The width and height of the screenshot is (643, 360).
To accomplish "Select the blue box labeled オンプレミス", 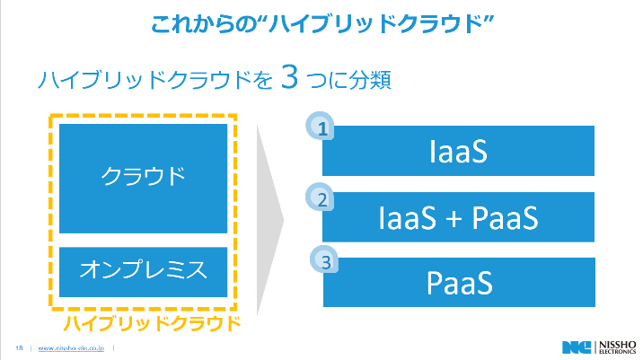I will (x=144, y=268).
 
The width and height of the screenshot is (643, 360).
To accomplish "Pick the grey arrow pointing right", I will (x=269, y=219).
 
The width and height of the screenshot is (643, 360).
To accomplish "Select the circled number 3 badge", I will (x=325, y=262).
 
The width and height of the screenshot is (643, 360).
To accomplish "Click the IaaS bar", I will (x=458, y=151).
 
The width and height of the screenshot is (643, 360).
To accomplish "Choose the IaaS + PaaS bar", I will (x=458, y=217).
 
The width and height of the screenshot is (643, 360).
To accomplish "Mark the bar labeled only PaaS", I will (x=458, y=283).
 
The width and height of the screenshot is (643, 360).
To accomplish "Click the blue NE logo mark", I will (x=574, y=347).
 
